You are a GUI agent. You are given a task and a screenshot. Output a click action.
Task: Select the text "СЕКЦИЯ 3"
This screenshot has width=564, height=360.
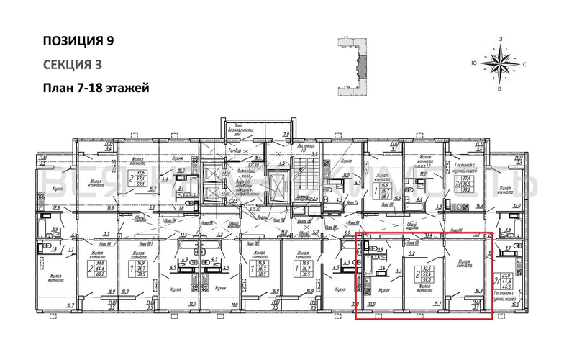(72, 64)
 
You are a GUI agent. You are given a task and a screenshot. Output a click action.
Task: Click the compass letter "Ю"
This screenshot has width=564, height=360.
(475, 64)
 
